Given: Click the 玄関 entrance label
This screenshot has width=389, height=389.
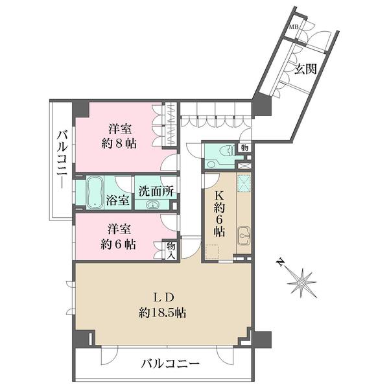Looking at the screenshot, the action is tap(305, 69).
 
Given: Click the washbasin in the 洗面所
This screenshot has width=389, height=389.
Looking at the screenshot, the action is tap(152, 204).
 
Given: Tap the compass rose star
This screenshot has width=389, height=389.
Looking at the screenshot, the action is tap(301, 283).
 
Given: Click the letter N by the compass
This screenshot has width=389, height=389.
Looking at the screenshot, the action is tap(281, 263).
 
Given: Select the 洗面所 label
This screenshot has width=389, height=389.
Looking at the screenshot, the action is tap(156, 191).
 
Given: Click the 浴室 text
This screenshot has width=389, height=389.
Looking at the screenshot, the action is tap(117, 200).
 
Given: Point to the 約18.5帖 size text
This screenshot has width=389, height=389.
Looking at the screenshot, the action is tap(163, 313).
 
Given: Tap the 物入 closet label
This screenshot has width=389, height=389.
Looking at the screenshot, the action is tap(171, 251).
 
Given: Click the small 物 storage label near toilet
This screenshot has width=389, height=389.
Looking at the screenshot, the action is tap(244, 148).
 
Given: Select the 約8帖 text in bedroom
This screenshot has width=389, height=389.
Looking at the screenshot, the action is tap(119, 143).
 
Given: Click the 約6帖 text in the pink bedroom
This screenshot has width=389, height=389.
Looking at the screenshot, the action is tap(118, 244).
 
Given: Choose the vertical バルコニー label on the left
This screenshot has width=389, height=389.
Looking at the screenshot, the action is tap(62, 159).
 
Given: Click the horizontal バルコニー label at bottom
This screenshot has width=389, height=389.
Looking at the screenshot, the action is tap(170, 364).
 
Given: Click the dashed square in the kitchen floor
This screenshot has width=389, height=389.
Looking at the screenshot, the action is tap(212, 252).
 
